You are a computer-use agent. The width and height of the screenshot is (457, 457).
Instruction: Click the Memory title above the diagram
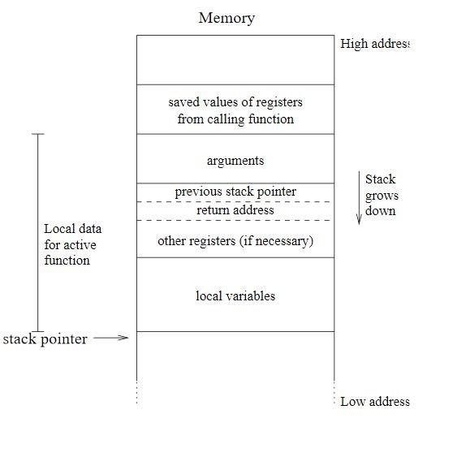point(226,18)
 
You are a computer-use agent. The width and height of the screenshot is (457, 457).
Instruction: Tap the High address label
point(375,44)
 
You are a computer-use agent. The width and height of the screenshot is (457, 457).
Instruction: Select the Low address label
point(375,401)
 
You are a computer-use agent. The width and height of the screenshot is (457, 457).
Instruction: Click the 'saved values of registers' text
point(235,102)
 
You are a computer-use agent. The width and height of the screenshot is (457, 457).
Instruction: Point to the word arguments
point(235,161)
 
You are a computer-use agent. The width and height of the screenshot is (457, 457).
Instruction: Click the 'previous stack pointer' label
point(235,192)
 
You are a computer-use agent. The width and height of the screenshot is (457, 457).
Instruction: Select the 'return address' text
point(235,210)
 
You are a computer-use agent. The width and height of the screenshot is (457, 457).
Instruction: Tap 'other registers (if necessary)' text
point(235,241)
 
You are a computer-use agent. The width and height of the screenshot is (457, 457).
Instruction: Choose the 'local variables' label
point(235,296)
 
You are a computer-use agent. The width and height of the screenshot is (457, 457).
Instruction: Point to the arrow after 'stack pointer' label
point(111,338)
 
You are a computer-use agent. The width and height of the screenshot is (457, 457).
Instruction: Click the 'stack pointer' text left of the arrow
point(45,339)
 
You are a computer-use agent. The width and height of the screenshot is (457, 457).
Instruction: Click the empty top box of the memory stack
point(235,60)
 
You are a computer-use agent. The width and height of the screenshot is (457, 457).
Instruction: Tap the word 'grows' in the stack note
point(382,196)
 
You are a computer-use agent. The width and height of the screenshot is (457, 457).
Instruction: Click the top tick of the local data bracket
point(37,134)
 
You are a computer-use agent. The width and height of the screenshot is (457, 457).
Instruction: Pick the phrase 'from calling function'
point(235,119)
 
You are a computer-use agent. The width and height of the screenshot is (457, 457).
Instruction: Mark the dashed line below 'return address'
point(235,220)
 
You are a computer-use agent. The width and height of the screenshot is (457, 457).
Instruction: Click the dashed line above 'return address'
point(235,201)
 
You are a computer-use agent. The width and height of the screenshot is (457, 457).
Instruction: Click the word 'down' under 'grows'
point(381,211)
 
